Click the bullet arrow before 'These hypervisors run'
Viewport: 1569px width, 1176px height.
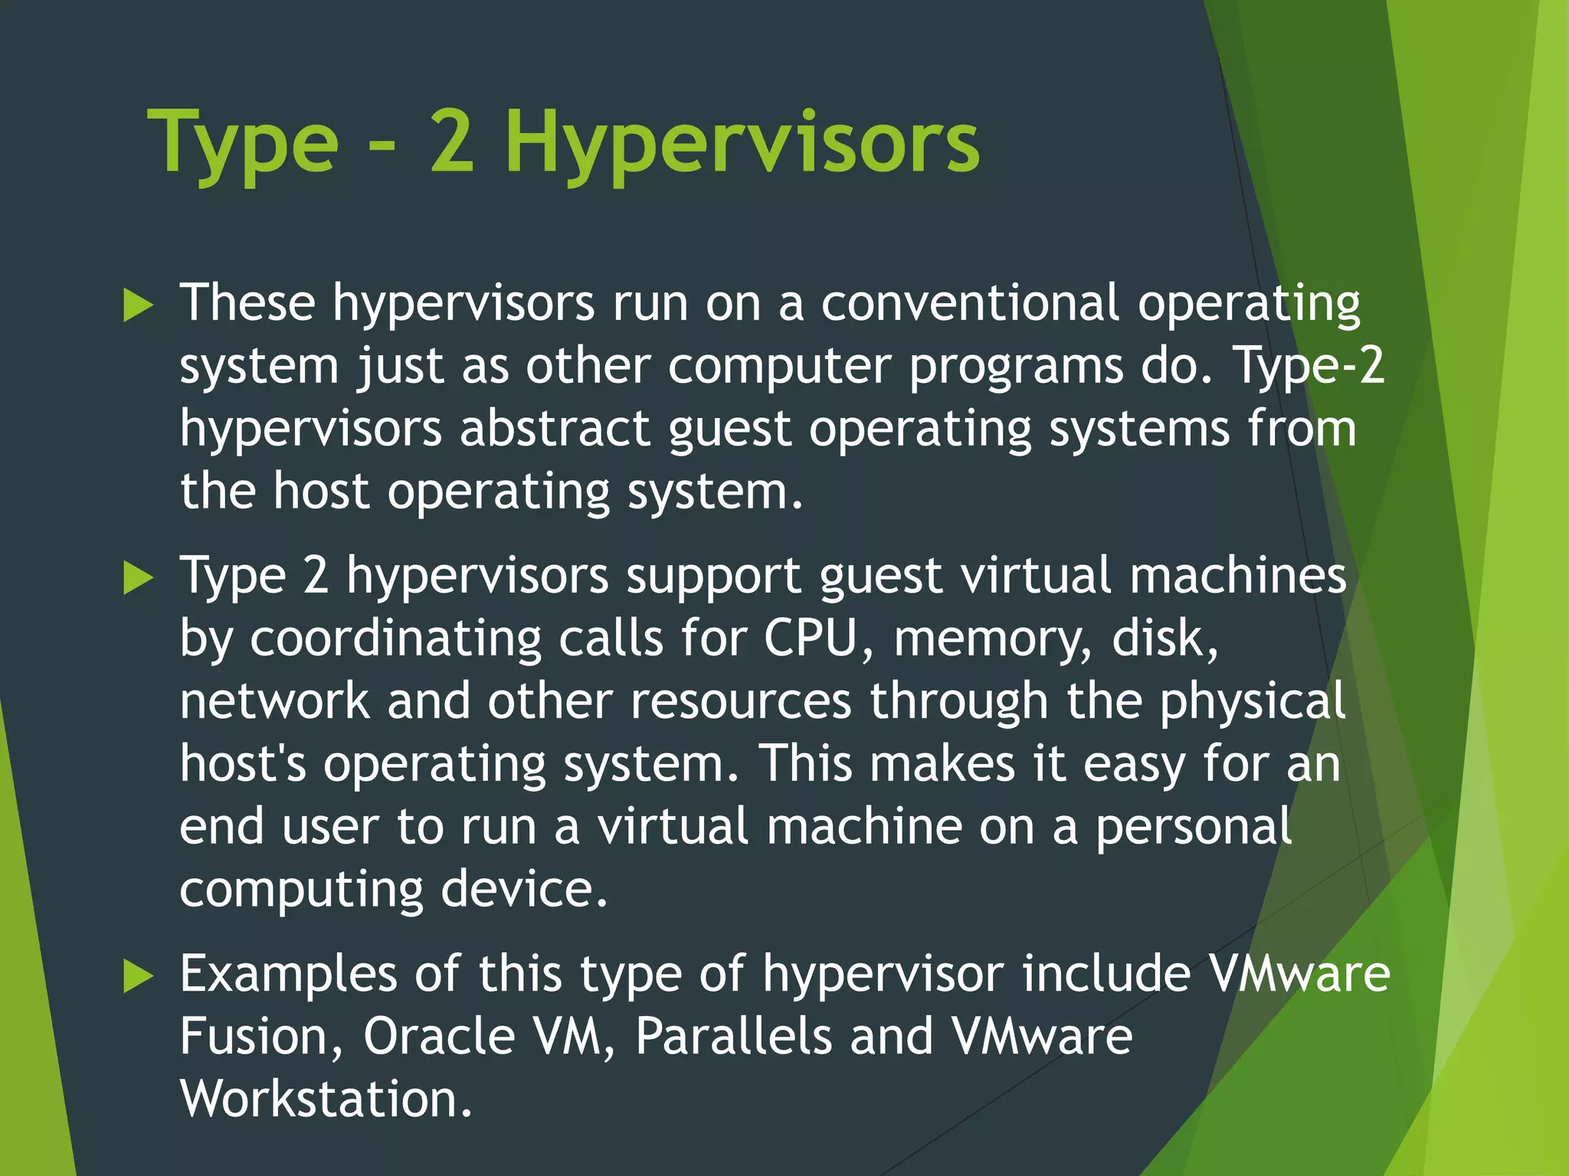138,306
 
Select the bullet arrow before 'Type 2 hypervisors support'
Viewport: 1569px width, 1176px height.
138,578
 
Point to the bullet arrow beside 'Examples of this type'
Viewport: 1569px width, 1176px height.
138,977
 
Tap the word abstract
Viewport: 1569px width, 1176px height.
555,428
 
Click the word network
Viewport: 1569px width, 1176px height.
274,701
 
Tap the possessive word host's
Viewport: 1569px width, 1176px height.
243,763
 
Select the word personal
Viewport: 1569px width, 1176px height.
1194,828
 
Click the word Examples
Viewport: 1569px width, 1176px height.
288,975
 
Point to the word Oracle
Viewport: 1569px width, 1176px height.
439,1037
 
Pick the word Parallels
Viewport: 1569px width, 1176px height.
733,1037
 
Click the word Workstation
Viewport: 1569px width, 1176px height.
326,1099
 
